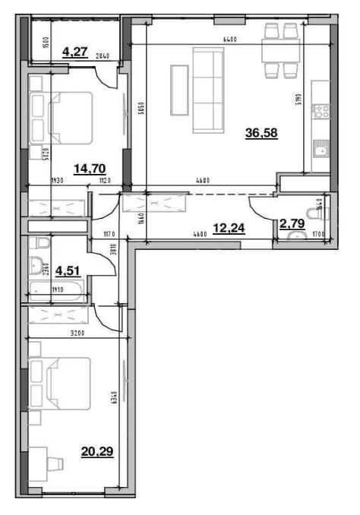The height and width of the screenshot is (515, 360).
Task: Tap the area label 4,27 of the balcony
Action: (x=74, y=52)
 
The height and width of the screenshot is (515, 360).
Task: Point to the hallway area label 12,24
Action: (x=227, y=226)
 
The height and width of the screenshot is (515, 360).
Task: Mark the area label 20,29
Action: (x=96, y=453)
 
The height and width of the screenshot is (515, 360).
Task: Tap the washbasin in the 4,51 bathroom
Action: (x=36, y=266)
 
